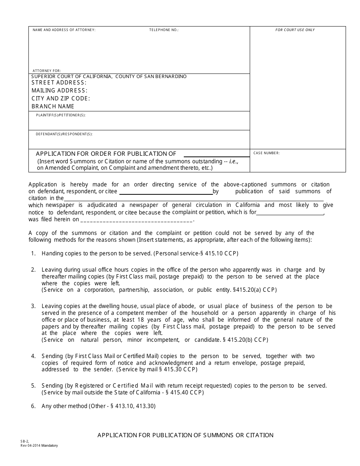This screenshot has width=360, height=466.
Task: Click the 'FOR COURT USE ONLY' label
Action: pos(295,30)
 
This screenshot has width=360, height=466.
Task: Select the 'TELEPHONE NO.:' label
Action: pos(164,30)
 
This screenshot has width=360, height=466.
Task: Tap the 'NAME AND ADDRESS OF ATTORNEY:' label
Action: pos(64,30)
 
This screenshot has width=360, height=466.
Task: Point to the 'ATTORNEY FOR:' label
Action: pos(47,71)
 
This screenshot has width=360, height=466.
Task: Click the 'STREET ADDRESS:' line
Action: pos(59,83)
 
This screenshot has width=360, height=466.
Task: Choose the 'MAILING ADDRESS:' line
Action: pos(59,91)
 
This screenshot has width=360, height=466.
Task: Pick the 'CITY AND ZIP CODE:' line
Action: pos(61,99)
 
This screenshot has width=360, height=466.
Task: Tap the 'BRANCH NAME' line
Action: pos(53,106)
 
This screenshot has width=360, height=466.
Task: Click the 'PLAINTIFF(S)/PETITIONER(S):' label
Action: pos(61,115)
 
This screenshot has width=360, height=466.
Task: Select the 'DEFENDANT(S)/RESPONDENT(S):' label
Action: pos(64,134)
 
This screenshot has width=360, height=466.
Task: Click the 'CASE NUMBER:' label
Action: pos(266,153)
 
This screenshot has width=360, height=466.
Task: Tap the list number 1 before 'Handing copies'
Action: pos(33,253)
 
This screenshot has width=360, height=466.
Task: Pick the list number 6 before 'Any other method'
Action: pos(33,406)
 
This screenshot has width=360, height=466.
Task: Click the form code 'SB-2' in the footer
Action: pos(24,442)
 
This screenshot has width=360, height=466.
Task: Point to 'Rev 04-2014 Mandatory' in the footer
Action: pos(39,446)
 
